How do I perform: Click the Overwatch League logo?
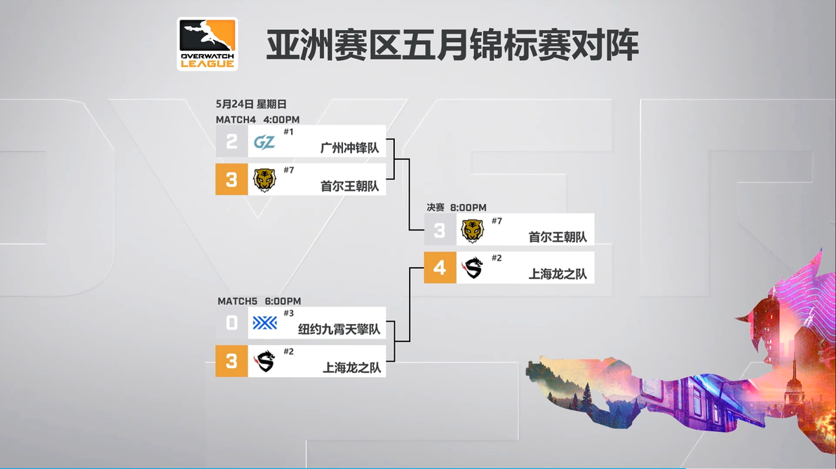coord(208,43)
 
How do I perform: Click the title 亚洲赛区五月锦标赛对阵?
coord(452,45)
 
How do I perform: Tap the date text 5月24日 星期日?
coord(251,104)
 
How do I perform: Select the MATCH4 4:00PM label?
coord(257,120)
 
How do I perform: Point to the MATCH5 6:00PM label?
coord(259,301)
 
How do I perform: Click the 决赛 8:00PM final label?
coord(457,208)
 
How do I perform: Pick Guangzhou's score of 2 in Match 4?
coord(231,141)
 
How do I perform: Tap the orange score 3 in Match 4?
coord(231,179)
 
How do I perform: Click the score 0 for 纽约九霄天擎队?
coord(231,323)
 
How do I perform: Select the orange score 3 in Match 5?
coord(231,361)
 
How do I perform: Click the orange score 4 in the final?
coord(440,268)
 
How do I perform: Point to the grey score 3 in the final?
coord(440,230)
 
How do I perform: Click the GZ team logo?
coord(264,142)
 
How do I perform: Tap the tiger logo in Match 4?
coord(264,180)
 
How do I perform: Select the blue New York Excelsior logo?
coord(265,323)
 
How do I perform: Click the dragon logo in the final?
coord(473,268)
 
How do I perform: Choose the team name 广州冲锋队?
coord(350,148)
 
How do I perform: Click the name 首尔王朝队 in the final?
coord(558,237)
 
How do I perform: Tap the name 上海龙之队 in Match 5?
coord(352,368)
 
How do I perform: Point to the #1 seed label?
coord(288,132)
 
